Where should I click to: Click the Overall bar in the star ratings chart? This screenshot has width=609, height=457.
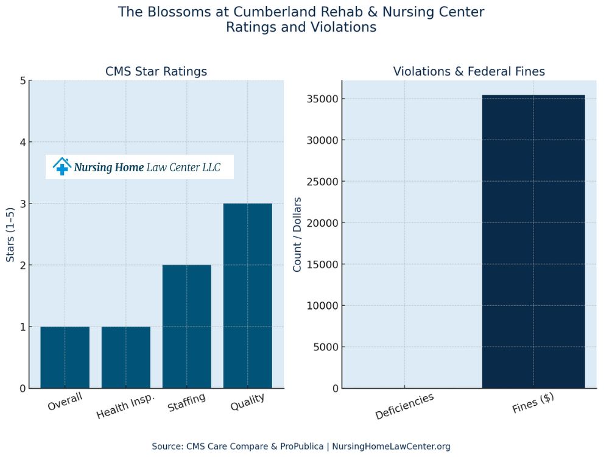pos(65,357)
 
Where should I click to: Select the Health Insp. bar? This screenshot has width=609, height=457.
pos(125,357)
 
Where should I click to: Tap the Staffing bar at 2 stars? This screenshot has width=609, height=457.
pos(186,327)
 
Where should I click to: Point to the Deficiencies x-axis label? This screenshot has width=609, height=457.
pos(404,406)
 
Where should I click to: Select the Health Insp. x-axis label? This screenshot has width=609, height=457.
pos(125,405)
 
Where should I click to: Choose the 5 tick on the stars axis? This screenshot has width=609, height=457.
pos(23,81)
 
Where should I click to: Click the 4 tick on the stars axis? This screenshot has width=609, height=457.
pos(23,143)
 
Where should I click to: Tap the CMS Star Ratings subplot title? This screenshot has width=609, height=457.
pos(156,71)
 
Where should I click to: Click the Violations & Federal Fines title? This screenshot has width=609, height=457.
pos(469,71)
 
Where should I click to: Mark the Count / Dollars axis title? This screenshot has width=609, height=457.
pos(297,235)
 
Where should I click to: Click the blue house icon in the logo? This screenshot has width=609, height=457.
pos(62,166)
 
